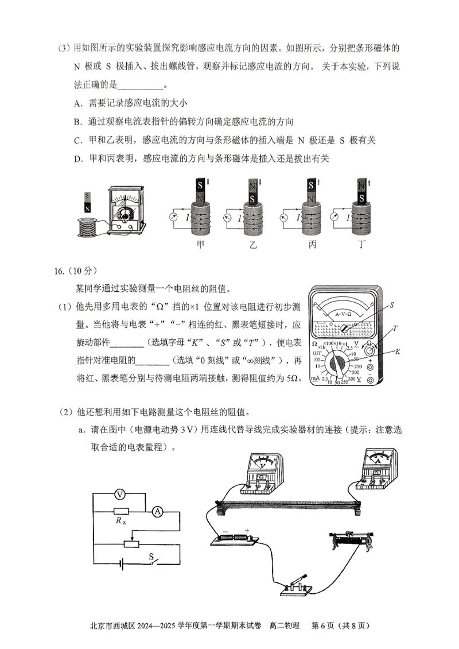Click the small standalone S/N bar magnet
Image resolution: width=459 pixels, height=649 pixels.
tap(87, 203)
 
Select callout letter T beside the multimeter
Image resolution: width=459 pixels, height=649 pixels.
tap(395, 329)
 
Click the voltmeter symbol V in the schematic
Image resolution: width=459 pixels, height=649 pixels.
tap(120, 494)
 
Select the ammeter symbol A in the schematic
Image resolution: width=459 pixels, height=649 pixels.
tap(156, 513)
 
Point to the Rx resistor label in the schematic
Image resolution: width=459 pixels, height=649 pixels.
tap(120, 521)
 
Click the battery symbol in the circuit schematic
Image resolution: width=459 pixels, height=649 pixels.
tap(122, 564)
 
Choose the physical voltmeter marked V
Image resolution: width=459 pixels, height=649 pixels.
tap(262, 471)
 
